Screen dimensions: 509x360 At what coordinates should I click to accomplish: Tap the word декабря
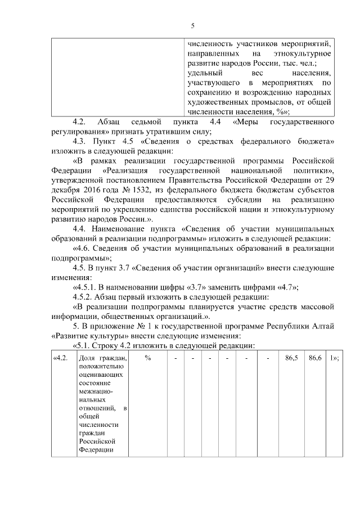click(63, 188)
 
